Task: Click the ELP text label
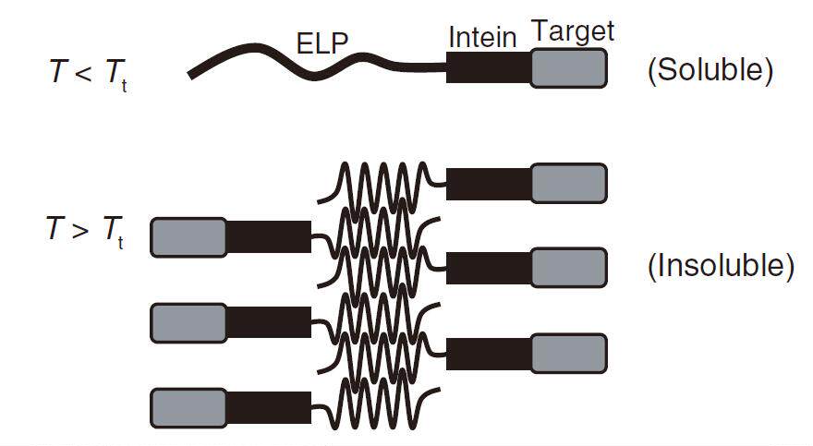(322, 43)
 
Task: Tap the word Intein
(482, 37)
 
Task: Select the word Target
(574, 32)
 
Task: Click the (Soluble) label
(710, 70)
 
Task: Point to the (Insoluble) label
(722, 266)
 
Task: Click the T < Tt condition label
(88, 73)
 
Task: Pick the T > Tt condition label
(86, 231)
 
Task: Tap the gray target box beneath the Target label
(569, 67)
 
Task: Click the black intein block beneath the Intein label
(489, 66)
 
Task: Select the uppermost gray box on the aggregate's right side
(569, 184)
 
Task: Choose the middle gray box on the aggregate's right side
(569, 268)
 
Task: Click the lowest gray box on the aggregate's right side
(569, 354)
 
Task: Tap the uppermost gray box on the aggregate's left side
(188, 237)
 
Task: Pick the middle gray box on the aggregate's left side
(188, 323)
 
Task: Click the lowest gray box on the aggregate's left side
(188, 408)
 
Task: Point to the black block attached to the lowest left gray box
(269, 407)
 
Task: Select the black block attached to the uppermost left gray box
(269, 237)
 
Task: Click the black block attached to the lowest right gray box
(489, 354)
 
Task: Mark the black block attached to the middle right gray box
(489, 269)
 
